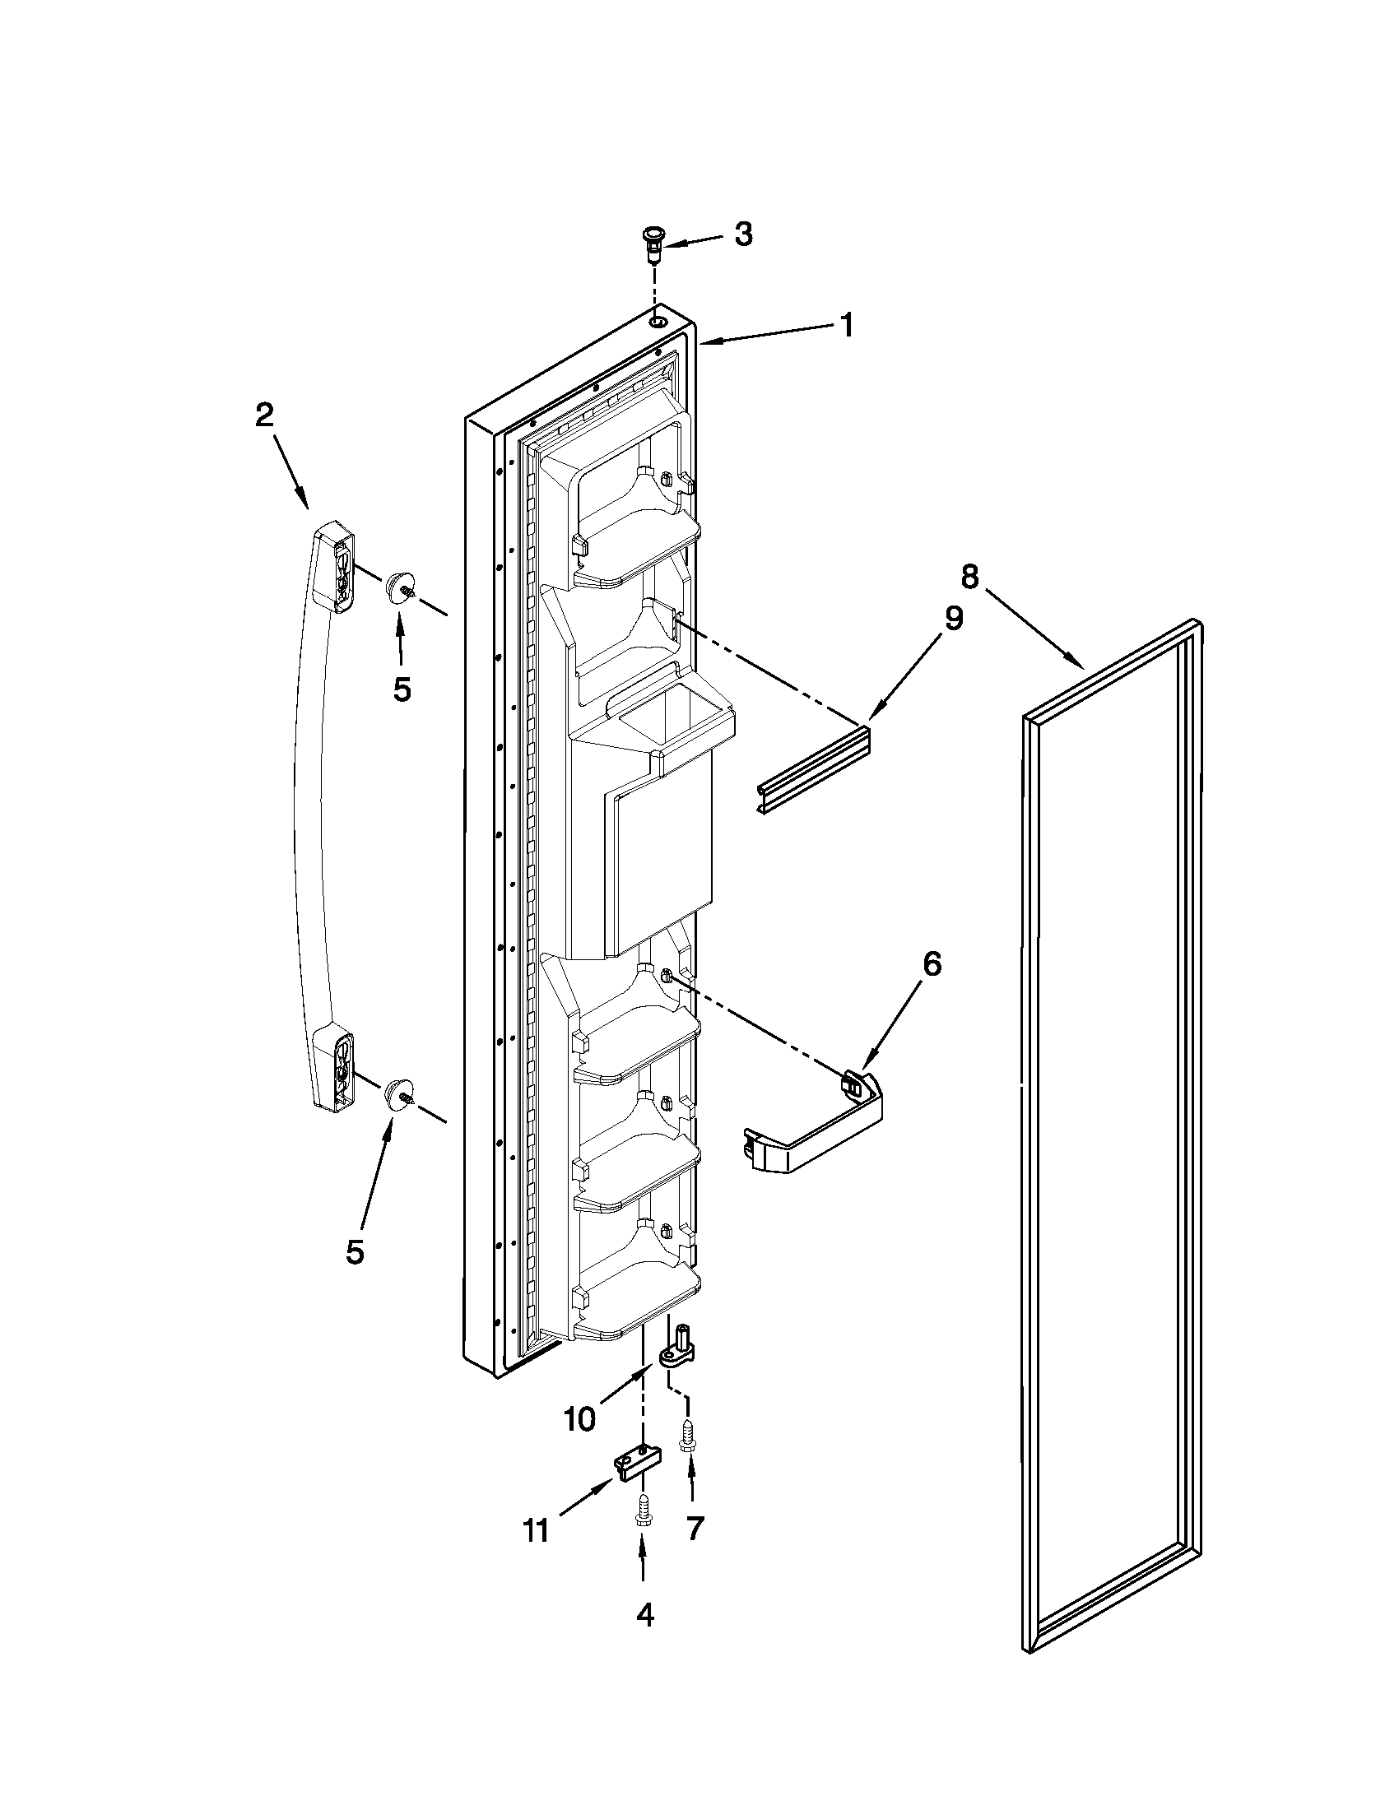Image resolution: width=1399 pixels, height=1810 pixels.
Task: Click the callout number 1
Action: tap(845, 325)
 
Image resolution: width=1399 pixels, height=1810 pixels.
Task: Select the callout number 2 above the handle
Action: tap(263, 415)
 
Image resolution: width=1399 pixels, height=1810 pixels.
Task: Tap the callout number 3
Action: tap(743, 234)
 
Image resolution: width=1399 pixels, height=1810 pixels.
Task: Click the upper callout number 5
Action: tap(402, 688)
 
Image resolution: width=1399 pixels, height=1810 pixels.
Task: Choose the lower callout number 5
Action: tap(355, 1251)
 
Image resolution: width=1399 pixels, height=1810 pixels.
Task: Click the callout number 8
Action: tap(969, 575)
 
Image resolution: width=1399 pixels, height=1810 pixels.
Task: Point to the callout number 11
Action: tap(537, 1530)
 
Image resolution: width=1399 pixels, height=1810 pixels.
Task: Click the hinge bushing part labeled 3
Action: tap(654, 245)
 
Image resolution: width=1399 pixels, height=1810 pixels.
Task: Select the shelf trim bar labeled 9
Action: tap(815, 771)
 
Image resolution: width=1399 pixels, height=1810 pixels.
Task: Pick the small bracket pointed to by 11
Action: tap(639, 1464)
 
